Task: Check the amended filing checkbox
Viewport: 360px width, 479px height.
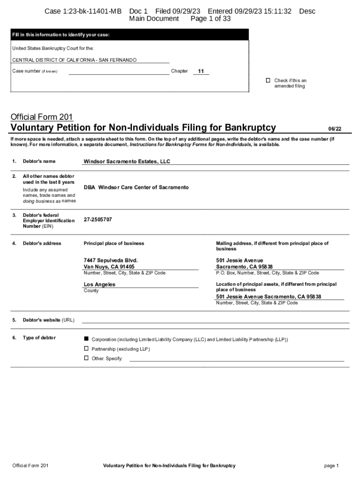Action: (268, 80)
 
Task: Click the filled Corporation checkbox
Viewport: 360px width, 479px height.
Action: (86, 338)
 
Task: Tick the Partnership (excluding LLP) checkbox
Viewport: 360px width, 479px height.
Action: (86, 348)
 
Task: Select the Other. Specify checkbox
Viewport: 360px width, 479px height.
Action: (86, 358)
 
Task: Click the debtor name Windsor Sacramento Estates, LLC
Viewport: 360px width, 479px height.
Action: (127, 161)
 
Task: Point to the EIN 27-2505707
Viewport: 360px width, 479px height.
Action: (98, 219)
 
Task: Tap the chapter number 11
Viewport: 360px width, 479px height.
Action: (201, 71)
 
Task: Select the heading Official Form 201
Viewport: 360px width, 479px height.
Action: (42, 117)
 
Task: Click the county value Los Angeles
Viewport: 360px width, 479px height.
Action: (99, 284)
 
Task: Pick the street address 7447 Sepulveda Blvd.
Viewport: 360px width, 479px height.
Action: (110, 260)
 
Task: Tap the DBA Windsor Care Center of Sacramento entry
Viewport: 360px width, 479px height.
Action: (136, 187)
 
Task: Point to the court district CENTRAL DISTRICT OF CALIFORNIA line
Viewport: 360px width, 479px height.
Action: (74, 60)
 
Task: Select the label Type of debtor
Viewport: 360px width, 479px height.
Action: (39, 338)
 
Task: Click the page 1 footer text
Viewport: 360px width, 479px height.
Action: (331, 465)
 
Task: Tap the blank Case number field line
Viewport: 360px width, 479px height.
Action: (119, 72)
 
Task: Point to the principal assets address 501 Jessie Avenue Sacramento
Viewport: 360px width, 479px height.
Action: (268, 297)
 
